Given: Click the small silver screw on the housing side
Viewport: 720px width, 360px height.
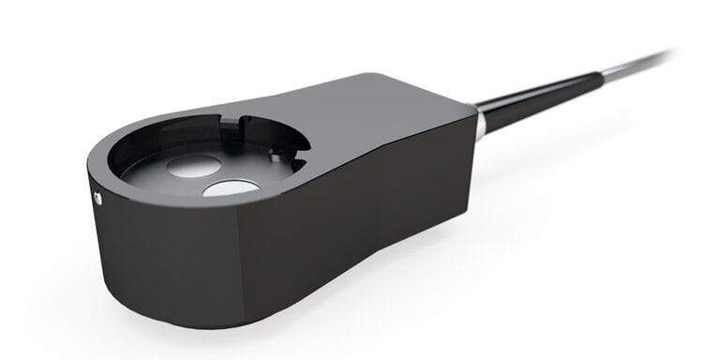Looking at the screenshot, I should tap(97, 197).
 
